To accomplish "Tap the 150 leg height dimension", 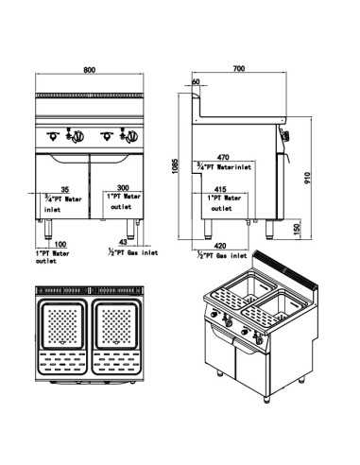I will [x=298, y=229].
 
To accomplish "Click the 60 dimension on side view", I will [x=196, y=82].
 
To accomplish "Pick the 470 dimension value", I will [x=224, y=157].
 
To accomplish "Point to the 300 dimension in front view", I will [x=123, y=188].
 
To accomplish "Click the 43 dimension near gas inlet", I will [x=122, y=243].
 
